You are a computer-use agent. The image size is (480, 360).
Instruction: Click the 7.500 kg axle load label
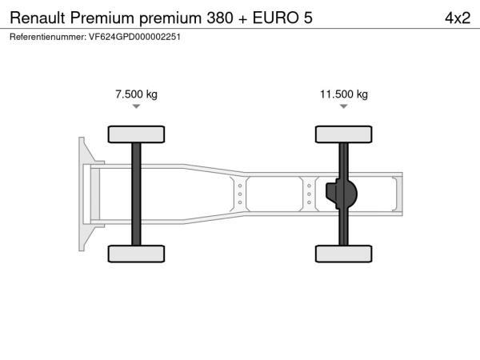click(136, 94)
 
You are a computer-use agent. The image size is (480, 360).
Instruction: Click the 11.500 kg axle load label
click(344, 94)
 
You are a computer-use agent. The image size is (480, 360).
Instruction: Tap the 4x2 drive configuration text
click(458, 18)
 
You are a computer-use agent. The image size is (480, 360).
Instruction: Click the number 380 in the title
click(220, 18)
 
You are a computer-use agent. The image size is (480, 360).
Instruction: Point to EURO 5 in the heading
click(282, 18)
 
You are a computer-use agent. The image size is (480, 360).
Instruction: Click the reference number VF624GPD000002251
click(134, 37)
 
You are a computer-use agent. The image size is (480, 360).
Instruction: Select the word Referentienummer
click(48, 37)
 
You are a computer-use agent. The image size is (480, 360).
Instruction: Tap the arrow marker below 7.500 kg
click(136, 106)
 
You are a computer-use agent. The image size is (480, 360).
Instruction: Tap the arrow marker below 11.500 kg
click(344, 106)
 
